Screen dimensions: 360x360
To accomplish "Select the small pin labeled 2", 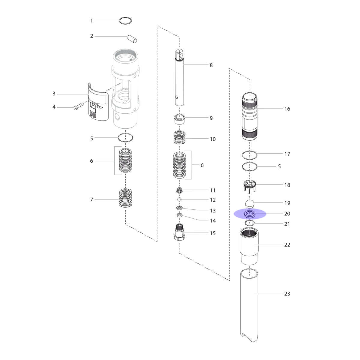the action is [x=132, y=38].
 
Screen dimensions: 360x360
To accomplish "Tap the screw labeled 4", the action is [x=79, y=106].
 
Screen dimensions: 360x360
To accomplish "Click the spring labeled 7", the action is [x=125, y=198].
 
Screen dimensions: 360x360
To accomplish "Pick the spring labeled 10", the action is [x=179, y=137].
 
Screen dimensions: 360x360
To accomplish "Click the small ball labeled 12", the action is [x=179, y=199].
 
